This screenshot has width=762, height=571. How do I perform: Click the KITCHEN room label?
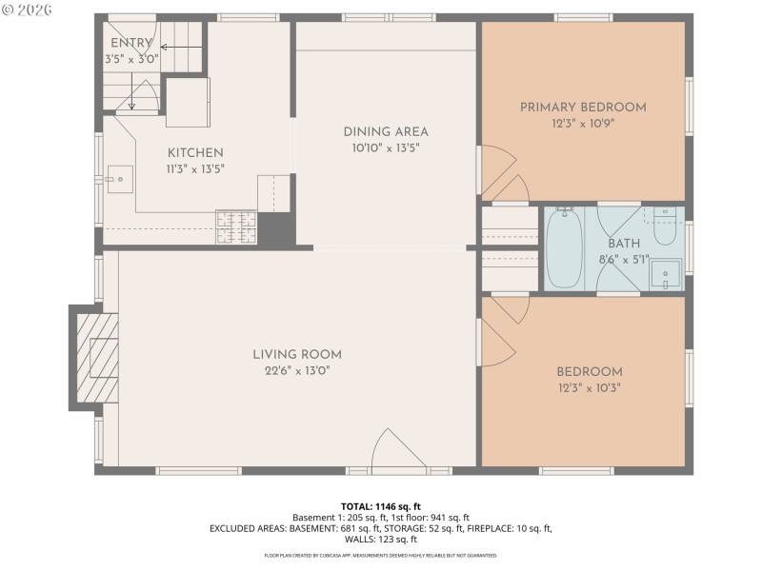click(x=195, y=152)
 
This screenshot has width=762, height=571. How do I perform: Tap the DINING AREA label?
click(x=386, y=131)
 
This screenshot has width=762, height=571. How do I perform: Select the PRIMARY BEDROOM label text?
click(x=583, y=108)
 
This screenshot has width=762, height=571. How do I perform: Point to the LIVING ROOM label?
click(x=297, y=354)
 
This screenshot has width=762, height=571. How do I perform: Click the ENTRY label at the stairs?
click(x=130, y=44)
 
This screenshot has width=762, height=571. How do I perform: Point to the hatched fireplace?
click(x=97, y=358)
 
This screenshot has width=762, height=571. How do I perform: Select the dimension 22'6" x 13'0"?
click(x=297, y=370)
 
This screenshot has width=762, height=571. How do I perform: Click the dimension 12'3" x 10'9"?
click(x=583, y=124)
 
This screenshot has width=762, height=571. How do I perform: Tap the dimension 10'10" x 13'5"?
click(x=386, y=148)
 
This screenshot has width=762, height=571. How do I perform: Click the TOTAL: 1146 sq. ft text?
click(x=381, y=506)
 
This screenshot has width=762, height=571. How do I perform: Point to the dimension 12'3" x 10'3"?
click(x=589, y=387)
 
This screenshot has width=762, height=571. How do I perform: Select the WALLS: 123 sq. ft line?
click(x=381, y=540)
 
